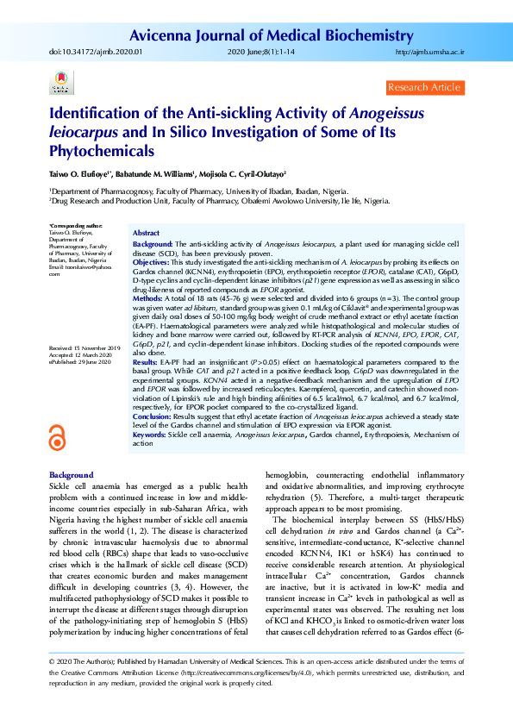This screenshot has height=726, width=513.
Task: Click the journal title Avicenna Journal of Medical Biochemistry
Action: click(297, 35)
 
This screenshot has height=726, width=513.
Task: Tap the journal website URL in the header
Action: click(429, 53)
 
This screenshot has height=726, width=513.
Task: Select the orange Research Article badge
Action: click(424, 88)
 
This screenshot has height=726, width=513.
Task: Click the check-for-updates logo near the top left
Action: click(60, 86)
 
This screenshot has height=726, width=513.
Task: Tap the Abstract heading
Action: click(146, 234)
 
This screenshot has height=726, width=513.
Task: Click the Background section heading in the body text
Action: click(71, 475)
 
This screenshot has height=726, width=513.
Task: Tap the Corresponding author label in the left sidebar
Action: click(77, 225)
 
